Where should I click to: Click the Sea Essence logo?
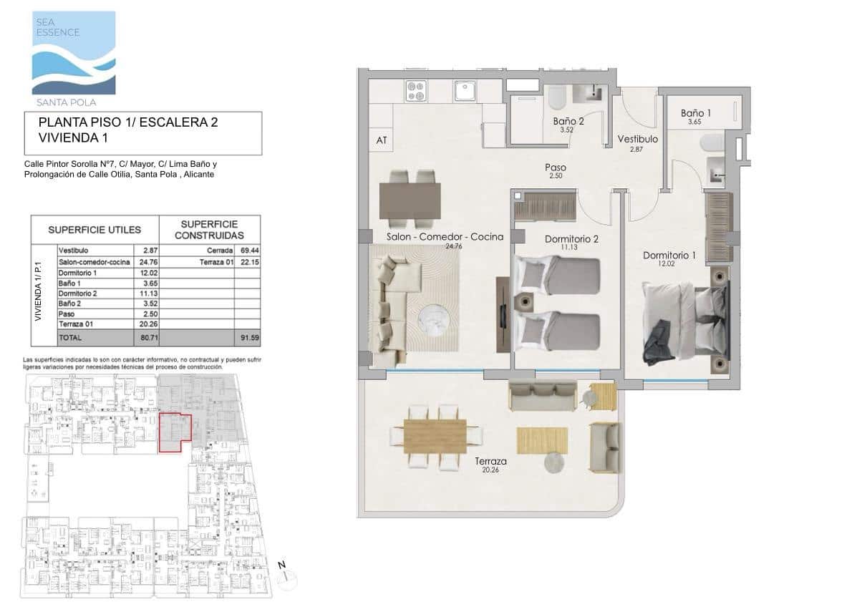(73, 53)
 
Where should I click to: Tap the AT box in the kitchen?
(382, 140)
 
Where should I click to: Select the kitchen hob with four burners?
(416, 91)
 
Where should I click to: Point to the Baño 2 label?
(568, 122)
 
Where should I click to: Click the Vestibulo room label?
(637, 139)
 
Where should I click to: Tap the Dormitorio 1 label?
(669, 256)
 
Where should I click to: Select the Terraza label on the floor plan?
(490, 462)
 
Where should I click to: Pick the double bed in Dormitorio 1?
(684, 321)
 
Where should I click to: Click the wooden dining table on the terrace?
(435, 436)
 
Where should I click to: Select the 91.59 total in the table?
(247, 336)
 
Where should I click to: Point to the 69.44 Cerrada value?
(247, 251)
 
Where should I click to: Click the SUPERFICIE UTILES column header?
(94, 230)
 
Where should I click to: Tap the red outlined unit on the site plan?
(174, 432)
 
